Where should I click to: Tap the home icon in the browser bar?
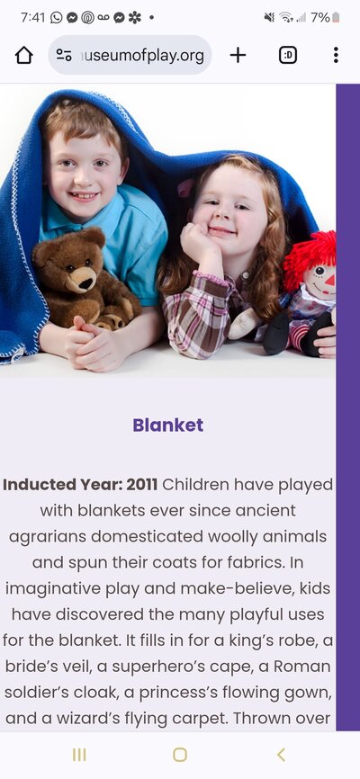click(x=24, y=55)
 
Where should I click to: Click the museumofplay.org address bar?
click(x=130, y=55)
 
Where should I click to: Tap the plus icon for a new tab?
click(x=238, y=55)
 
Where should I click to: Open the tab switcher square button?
click(x=288, y=55)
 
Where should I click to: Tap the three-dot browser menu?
click(x=336, y=55)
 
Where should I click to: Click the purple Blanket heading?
click(x=168, y=425)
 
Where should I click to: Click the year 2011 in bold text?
click(x=141, y=484)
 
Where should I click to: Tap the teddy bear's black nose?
click(x=86, y=284)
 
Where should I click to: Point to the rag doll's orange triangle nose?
click(x=329, y=282)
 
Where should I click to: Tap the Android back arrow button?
click(x=281, y=755)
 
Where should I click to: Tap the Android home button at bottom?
click(x=180, y=755)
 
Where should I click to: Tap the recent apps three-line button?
click(x=79, y=755)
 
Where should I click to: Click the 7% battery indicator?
click(x=325, y=18)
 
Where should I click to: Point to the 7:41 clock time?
click(x=32, y=18)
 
